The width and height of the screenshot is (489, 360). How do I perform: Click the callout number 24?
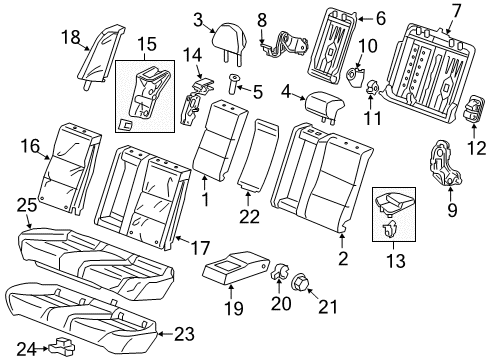coord(26,349)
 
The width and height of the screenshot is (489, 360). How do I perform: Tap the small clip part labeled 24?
coord(62,347)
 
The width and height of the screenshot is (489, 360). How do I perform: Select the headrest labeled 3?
coord(230,42)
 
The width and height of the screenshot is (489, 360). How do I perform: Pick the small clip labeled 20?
coord(279,272)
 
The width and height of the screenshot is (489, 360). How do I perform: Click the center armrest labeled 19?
coord(234,269)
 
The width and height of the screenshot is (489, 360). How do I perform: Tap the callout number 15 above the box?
coord(147,44)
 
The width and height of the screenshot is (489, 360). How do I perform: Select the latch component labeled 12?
coord(474,109)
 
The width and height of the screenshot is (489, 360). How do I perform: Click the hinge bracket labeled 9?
coord(444,163)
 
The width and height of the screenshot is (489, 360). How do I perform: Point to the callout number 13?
coord(396,261)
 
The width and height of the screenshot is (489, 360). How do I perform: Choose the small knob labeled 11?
coord(372,87)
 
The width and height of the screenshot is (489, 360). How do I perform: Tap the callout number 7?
coord(455,11)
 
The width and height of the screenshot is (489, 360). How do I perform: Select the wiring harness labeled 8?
coord(284,44)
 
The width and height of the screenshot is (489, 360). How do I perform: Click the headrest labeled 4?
coord(324,107)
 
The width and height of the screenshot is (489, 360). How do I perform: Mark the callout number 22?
coord(249,217)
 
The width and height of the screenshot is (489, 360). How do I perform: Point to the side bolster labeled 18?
coord(101,56)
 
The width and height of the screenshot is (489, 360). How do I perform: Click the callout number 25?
coord(27,205)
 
